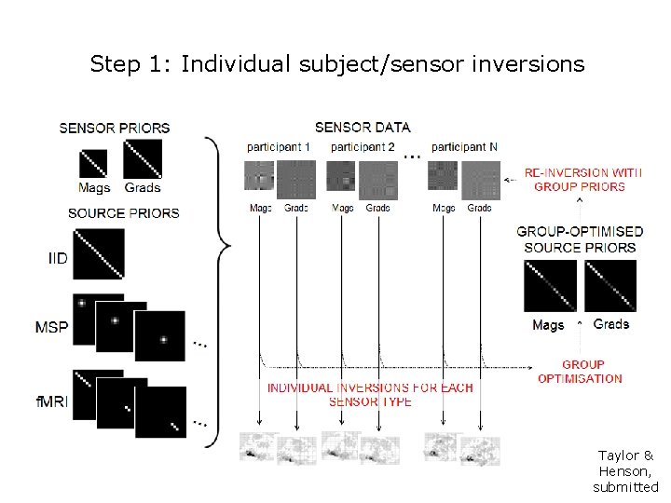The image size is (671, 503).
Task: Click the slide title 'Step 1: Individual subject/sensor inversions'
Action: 336,64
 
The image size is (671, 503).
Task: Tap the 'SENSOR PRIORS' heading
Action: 115,128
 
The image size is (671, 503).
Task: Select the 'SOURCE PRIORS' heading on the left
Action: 124,213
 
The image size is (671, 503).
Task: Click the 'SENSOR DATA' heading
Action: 363,127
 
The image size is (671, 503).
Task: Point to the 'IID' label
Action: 58,257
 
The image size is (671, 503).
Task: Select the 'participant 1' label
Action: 279,147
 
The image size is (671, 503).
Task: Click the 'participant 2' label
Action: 363,147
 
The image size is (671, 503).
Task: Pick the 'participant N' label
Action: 464,147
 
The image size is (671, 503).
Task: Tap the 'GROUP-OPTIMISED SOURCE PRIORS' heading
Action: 580,239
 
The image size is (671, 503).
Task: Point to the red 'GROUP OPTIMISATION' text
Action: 580,372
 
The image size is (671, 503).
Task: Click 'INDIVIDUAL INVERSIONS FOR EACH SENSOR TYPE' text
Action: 370,394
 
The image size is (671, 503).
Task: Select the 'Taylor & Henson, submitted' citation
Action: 625,471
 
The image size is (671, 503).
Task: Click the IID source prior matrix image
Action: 99,254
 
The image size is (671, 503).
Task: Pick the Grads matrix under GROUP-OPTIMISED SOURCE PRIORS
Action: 610,285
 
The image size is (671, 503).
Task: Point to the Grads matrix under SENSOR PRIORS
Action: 143,158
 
